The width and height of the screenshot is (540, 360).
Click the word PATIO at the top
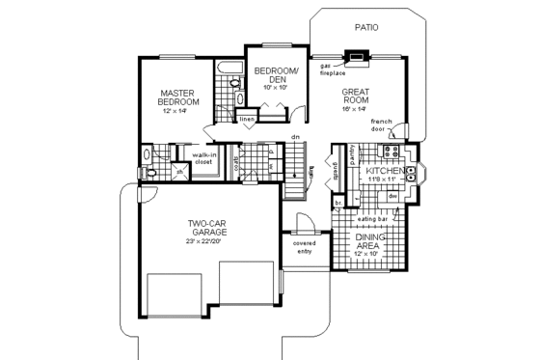pos(365,28)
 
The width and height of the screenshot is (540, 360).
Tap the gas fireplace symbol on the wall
pos(357,57)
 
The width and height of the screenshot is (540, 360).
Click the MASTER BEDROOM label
pos(179,98)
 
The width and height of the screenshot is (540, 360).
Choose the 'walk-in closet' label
pos(203,158)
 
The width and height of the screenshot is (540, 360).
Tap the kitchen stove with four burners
pos(393,153)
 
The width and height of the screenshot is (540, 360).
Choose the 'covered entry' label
pos(305,247)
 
